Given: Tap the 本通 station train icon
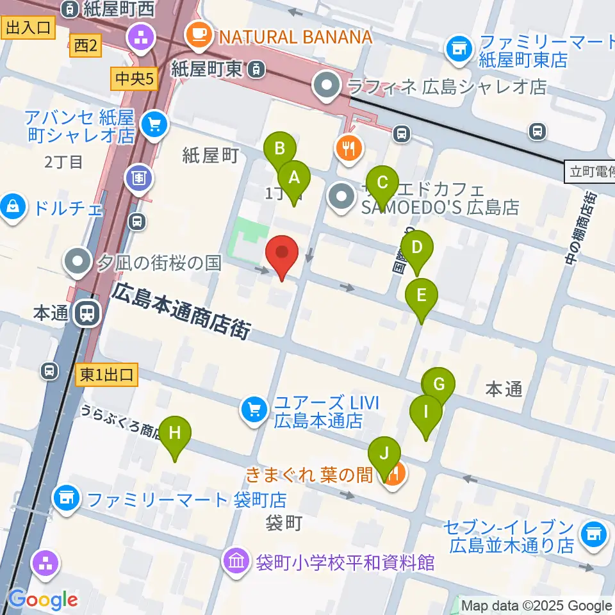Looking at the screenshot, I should (86, 313).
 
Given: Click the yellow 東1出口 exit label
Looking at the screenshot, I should (106, 375).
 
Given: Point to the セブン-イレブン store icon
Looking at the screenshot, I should (593, 533).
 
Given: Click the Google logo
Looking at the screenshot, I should (43, 600).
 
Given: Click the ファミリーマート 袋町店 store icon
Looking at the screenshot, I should (67, 497).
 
